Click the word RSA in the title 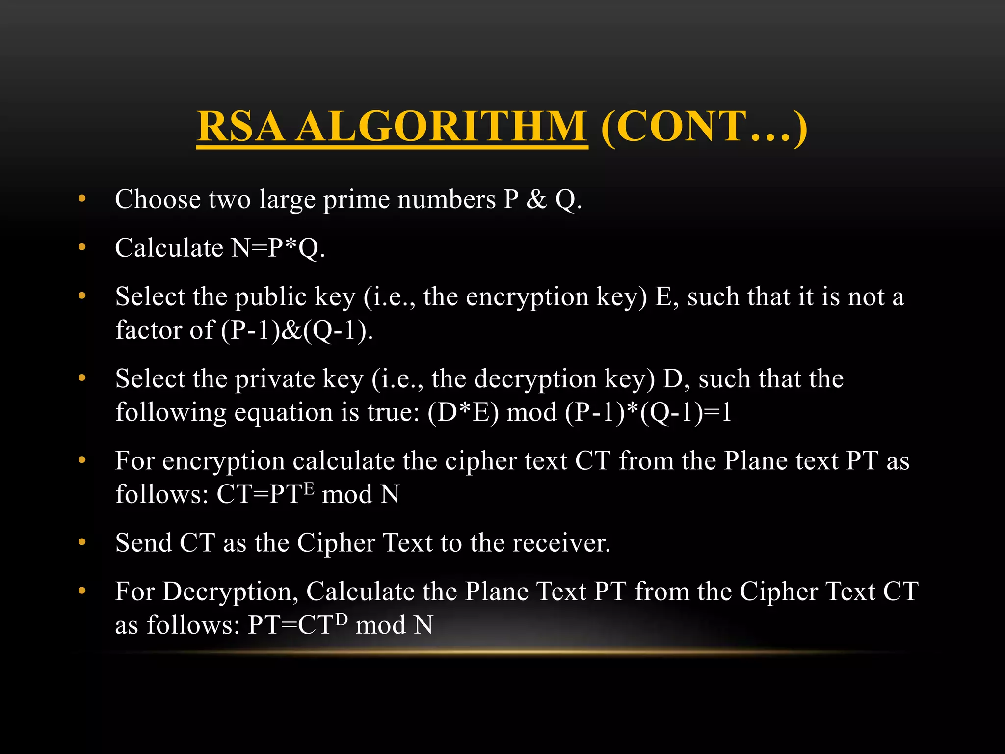click(240, 127)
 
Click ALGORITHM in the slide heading click(442, 127)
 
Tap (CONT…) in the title click(704, 127)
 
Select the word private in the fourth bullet click(275, 379)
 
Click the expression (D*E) click(463, 412)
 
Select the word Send click(143, 543)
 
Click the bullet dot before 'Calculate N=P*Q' click(82, 247)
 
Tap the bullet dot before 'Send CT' click(82, 542)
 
